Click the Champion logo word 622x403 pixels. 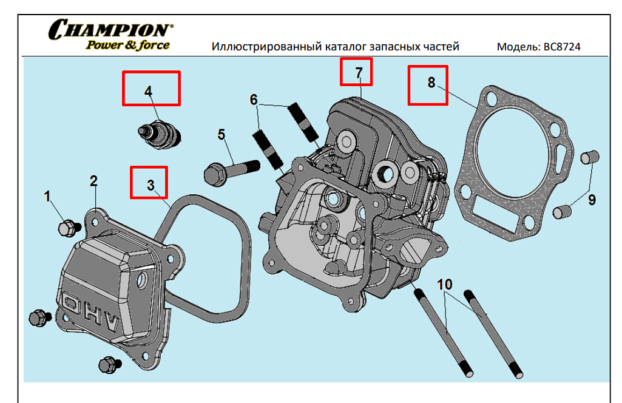(109, 29)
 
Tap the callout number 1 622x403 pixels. (47, 195)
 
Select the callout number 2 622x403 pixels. (93, 180)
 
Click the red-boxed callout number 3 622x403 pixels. (150, 185)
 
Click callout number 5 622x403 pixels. (221, 134)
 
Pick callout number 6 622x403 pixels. (254, 100)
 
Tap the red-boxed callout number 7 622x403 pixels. (359, 72)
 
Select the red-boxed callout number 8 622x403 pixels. (431, 83)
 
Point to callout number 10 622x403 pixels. (444, 284)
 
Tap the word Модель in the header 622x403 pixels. (515, 47)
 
